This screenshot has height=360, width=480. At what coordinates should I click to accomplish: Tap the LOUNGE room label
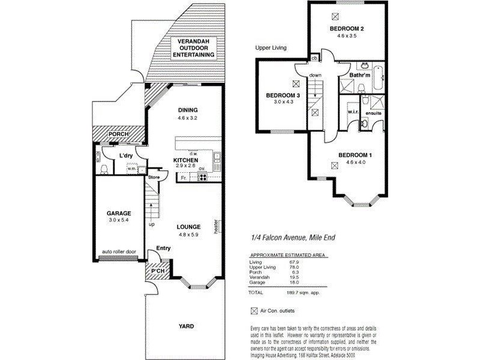[188, 227]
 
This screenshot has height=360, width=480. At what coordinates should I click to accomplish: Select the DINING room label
[188, 110]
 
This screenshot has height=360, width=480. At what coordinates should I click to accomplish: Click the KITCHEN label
[187, 160]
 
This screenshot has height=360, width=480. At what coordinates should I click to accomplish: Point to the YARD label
[185, 326]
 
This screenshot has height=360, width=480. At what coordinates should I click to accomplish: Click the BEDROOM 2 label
[347, 29]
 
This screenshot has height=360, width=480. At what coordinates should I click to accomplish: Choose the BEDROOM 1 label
[355, 155]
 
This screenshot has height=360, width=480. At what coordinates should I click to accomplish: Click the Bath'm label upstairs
[360, 76]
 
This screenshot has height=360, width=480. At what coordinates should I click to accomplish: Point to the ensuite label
[374, 113]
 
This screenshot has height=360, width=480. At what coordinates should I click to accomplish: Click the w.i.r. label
[352, 112]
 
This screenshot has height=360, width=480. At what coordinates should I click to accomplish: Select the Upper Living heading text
[271, 47]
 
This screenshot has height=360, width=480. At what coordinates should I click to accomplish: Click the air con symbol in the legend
[253, 311]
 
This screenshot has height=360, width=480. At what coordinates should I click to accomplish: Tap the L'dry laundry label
[125, 155]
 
